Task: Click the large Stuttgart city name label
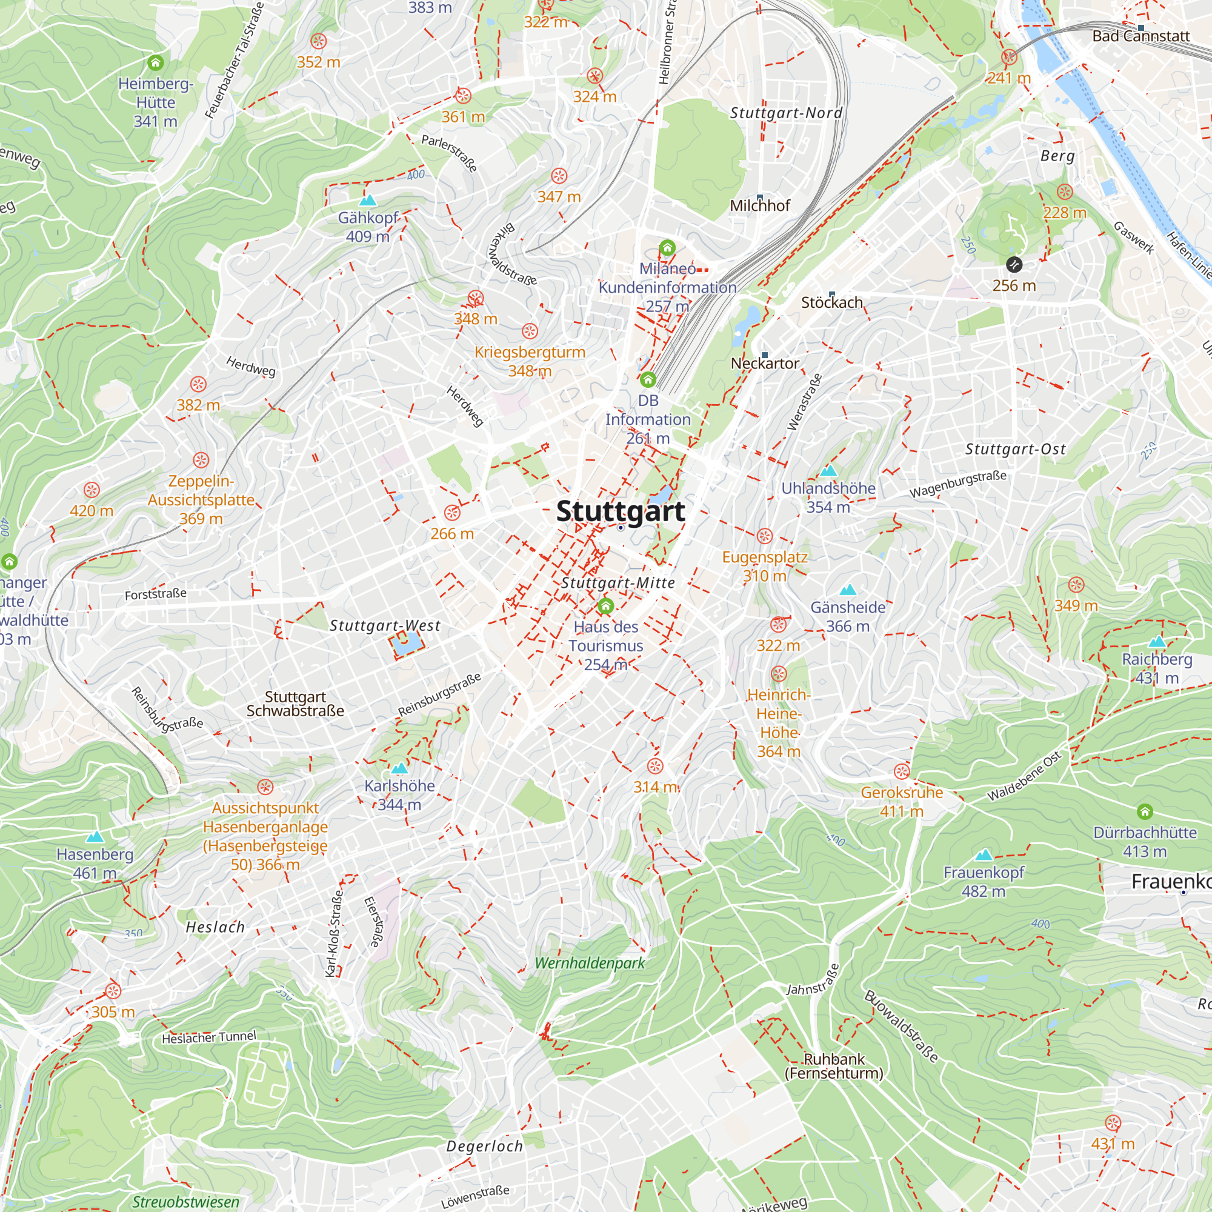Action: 620,511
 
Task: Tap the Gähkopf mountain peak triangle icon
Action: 368,201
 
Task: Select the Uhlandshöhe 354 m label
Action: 828,498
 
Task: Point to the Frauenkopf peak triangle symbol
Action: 984,855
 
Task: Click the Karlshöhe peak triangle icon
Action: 399,768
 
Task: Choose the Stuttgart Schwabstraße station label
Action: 295,704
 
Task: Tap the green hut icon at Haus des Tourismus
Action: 605,606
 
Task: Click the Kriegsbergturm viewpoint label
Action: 530,361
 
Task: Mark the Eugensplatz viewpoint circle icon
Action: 764,536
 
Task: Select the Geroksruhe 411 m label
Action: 902,801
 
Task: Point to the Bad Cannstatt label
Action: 1140,36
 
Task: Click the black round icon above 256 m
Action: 1014,265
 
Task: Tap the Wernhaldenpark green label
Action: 590,963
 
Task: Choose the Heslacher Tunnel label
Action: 209,1037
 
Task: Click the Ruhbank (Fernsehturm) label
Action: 834,1066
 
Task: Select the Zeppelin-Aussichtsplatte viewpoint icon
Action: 201,460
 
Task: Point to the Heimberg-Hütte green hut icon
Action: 156,63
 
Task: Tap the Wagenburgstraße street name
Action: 958,484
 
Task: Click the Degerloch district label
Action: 484,1146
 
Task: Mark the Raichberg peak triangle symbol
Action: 1157,642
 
